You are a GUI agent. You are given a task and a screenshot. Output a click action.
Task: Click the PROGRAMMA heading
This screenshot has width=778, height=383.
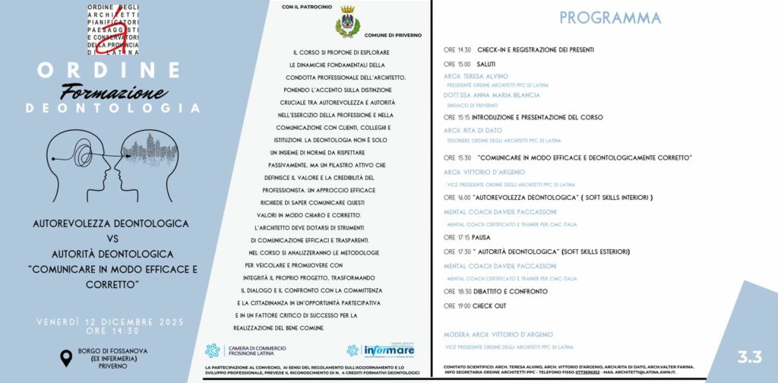(x=609, y=17)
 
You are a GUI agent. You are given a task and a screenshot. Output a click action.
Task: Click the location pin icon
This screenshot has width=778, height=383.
(x=66, y=357)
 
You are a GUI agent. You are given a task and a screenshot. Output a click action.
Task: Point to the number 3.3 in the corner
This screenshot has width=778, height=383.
(x=748, y=357)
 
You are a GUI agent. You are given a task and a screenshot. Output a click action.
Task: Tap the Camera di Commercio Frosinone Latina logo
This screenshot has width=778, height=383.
(x=238, y=350)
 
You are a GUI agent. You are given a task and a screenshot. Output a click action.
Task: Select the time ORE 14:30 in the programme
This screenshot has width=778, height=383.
(x=457, y=50)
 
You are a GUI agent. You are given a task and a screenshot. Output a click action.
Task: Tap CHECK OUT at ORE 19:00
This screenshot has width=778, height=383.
(x=489, y=305)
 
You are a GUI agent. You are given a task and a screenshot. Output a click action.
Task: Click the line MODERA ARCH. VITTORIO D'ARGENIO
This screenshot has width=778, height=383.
(x=498, y=334)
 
